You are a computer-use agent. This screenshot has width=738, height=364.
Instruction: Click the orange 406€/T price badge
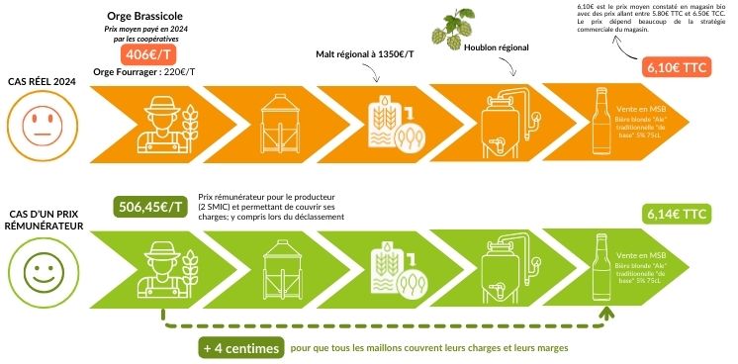[x=148, y=56]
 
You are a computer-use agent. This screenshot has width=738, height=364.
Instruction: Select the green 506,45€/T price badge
[x=149, y=207]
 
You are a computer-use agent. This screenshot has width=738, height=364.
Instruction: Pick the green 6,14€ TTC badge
[x=675, y=213]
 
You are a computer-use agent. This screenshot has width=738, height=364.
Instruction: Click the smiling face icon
[x=38, y=270]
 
